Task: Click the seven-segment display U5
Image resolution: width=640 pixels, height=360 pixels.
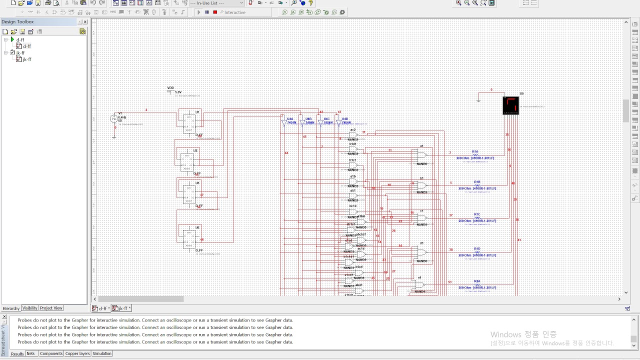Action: point(510,105)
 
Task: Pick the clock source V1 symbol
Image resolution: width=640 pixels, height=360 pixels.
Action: point(114,119)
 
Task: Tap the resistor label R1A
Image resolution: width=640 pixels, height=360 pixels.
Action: point(475,151)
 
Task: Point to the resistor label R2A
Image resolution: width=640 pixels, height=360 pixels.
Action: point(477,281)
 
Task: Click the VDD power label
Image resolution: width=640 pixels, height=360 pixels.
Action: point(170,88)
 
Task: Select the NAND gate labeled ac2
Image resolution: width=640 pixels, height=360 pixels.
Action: point(353,134)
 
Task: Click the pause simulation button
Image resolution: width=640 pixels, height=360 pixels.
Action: point(207,12)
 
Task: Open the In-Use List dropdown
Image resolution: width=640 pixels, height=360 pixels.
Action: point(217,3)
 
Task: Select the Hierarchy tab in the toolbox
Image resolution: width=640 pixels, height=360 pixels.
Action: point(11,308)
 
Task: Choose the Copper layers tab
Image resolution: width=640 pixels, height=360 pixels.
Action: point(77,353)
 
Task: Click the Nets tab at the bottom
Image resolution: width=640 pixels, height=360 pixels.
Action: point(31,353)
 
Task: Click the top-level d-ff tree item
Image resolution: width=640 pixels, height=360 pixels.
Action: point(20,39)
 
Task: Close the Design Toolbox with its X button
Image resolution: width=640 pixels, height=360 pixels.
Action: point(85,22)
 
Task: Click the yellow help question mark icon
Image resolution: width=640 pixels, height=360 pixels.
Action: point(310,3)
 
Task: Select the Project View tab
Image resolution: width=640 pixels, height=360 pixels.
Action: point(51,308)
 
